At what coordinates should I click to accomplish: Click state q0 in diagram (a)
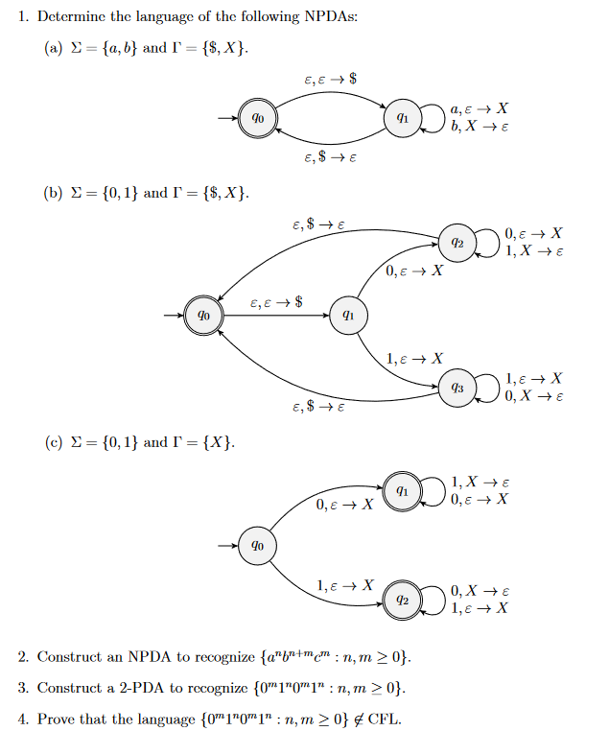tap(257, 118)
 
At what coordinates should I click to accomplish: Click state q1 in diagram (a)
tap(404, 118)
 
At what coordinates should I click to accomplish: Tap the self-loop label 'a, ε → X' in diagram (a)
tap(479, 109)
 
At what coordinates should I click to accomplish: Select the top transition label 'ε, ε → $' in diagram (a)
tap(330, 77)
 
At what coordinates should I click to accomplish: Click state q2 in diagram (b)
tap(457, 243)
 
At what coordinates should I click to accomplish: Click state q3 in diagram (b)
tap(457, 388)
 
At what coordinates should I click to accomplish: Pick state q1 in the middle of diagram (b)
tap(348, 315)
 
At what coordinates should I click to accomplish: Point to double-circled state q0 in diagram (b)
tap(203, 315)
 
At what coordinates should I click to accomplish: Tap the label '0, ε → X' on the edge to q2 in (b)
tap(414, 271)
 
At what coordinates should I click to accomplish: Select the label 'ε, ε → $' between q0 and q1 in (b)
tap(275, 302)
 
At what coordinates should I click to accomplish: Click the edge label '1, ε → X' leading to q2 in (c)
tap(345, 583)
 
